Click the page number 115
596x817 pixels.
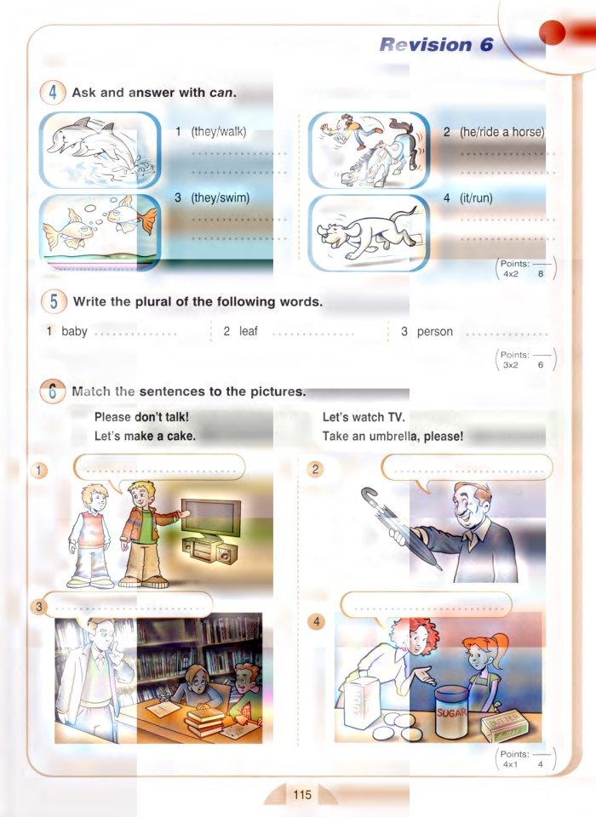tap(302, 796)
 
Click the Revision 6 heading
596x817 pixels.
tap(436, 45)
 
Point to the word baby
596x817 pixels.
tap(74, 331)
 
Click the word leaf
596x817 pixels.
tap(248, 331)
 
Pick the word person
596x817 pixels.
tap(434, 331)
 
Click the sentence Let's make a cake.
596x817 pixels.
tap(145, 436)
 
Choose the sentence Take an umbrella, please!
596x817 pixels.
tap(393, 436)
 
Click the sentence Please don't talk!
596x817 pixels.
tap(141, 417)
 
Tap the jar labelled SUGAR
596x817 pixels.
tap(451, 713)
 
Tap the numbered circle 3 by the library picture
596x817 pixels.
tap(38, 606)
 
